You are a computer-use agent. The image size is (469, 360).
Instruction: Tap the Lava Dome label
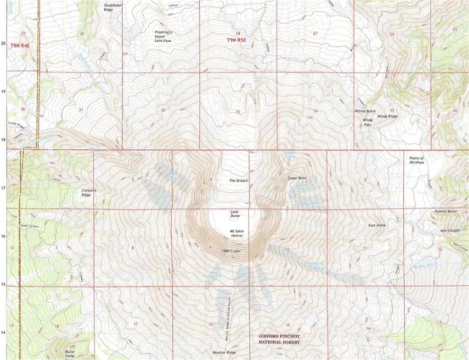pos(233,214)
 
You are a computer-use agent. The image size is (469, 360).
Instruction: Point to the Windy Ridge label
pos(387,115)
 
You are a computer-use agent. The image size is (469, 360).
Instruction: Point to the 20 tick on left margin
pos(4,43)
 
